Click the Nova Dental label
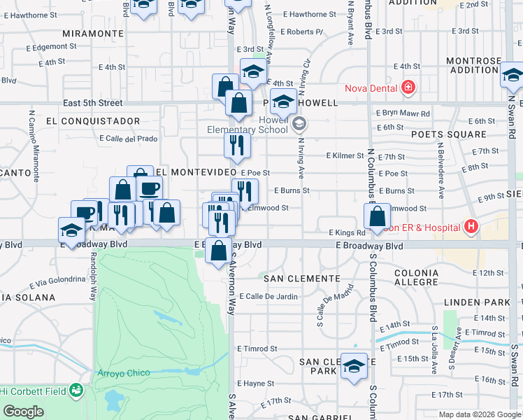[371, 88]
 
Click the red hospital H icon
[471, 227]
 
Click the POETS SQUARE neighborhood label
[457, 134]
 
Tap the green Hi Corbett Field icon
[78, 389]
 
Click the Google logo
[23, 412]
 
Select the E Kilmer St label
[345, 156]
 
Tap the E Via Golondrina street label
[57, 283]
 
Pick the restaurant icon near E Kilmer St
[238, 146]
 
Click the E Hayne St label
[255, 384]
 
